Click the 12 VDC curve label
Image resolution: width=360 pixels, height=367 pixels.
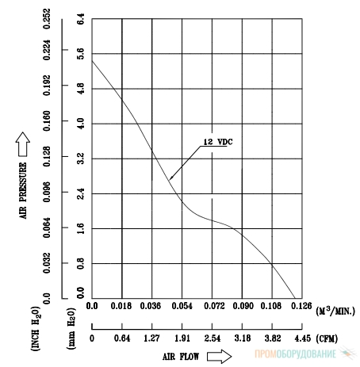[218, 142]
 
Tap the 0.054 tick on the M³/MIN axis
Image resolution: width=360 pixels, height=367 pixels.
[182, 306]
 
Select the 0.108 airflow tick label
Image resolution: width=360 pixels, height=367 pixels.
[271, 306]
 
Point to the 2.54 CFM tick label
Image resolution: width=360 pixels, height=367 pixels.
[213, 338]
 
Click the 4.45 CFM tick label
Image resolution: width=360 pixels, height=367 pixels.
[303, 338]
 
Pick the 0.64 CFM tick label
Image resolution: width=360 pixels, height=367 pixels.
[122, 338]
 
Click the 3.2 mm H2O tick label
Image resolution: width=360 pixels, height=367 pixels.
[81, 158]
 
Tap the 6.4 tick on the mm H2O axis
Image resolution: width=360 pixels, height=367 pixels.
[81, 18]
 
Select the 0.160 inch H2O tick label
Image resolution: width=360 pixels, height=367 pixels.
[47, 121]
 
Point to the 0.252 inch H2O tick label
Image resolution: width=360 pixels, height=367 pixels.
[47, 18]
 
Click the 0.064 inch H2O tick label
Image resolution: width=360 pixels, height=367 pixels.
[47, 227]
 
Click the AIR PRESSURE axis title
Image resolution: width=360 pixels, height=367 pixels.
[23, 190]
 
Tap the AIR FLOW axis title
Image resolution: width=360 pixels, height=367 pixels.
[181, 357]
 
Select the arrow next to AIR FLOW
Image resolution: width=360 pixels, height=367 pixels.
[219, 357]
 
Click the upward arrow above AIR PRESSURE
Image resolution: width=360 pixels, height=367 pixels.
[23, 144]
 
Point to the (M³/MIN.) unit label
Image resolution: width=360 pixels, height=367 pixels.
[335, 311]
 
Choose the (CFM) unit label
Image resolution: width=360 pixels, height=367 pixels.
[327, 338]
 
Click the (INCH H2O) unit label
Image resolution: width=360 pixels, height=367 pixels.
[36, 328]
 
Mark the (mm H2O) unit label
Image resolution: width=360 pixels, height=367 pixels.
[71, 328]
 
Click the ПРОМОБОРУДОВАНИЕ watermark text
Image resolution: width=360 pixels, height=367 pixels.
[296, 354]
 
